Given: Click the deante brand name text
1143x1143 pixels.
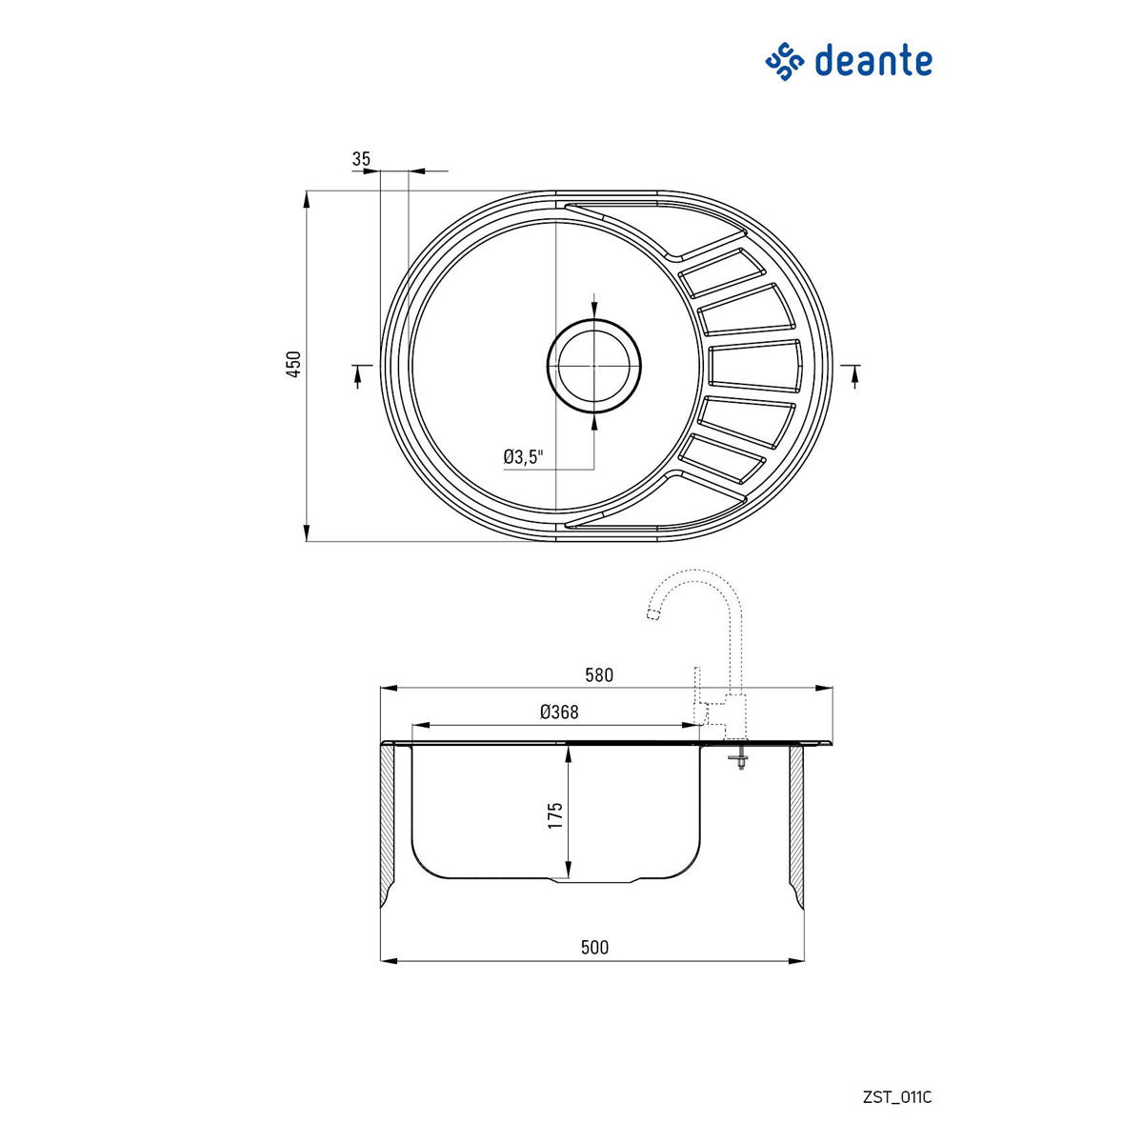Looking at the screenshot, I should coord(872,61).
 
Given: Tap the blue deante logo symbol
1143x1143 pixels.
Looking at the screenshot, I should coord(786,62).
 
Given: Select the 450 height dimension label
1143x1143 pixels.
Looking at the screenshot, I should coord(295,365).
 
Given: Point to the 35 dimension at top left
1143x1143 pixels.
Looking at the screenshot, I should coord(361,159).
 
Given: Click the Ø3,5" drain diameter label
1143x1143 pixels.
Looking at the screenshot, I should coord(523,457).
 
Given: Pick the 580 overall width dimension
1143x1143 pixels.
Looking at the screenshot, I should coord(599,675).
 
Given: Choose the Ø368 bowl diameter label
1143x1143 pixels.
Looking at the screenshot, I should coord(559,712).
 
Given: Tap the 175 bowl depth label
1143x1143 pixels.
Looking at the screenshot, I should coord(555,815).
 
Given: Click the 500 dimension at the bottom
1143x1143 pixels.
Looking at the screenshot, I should coord(594,947).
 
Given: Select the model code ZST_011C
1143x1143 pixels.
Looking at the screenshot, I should coord(896,1097).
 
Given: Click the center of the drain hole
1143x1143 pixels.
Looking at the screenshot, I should coord(594,366).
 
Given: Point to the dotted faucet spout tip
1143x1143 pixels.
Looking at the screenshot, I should coord(653,614).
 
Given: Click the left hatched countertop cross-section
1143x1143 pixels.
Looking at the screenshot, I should coord(388,824).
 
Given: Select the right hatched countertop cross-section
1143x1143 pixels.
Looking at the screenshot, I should coord(797,824).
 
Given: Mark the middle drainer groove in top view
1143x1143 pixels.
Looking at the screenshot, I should coord(755,366).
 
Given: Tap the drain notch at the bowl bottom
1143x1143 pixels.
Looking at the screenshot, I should coord(595,879).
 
